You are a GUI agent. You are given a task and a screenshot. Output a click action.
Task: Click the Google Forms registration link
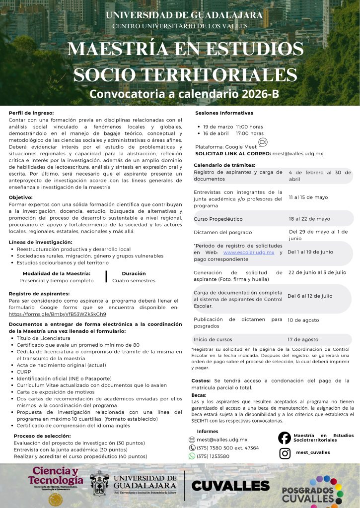[58, 314]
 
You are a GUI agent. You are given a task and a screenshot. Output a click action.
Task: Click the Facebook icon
[285, 438]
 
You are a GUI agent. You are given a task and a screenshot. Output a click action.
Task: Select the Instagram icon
[285, 453]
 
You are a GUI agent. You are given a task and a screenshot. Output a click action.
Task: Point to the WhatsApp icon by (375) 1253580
[192, 456]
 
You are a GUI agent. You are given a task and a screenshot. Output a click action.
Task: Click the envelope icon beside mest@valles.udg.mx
[192, 440]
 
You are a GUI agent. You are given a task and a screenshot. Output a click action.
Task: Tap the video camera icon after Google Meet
[263, 142]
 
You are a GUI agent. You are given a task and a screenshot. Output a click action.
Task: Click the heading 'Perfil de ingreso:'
[31, 113]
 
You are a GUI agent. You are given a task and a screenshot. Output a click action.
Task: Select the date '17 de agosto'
[303, 340]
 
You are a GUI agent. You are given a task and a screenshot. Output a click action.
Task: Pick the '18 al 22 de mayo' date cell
[309, 219]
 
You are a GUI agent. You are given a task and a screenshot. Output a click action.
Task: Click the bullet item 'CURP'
[24, 372]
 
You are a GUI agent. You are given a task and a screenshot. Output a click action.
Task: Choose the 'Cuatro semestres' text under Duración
[134, 280]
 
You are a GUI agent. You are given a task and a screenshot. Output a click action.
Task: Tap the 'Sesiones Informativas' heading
[224, 113]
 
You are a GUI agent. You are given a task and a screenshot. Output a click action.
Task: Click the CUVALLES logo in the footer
[230, 486]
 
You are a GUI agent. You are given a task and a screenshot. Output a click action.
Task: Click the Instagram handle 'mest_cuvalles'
[313, 452]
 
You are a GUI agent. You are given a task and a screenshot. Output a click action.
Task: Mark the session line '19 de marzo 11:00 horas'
[233, 127]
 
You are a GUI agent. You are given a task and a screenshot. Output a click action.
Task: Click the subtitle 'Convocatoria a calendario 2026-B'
[184, 94]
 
